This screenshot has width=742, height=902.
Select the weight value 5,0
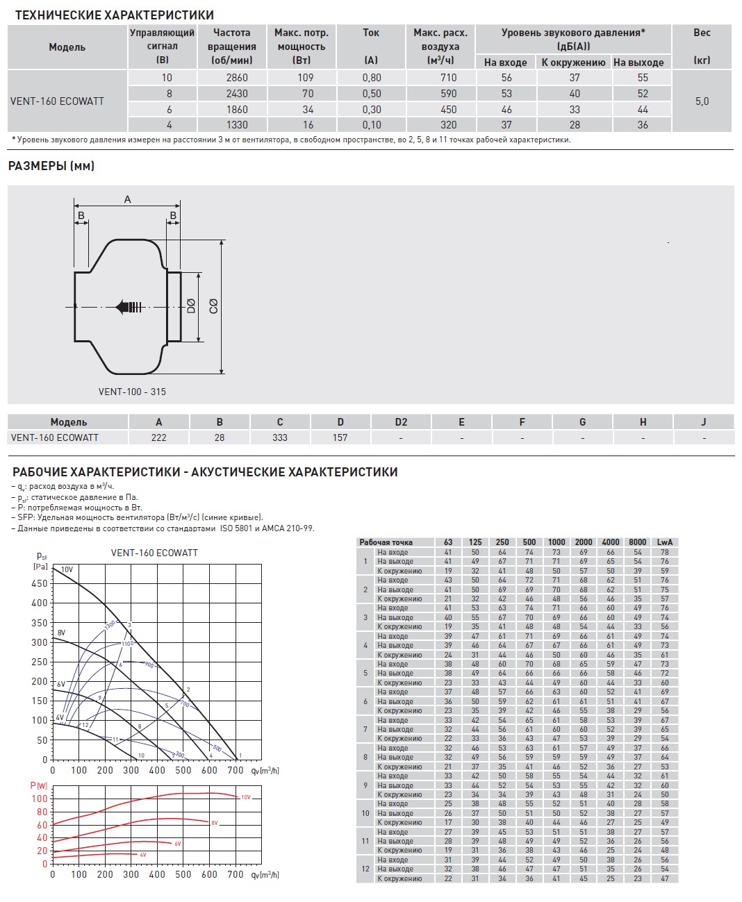(x=702, y=101)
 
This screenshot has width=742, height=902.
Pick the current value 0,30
(x=371, y=110)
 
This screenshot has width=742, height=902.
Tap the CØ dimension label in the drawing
(x=213, y=306)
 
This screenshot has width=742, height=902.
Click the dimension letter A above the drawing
(x=127, y=200)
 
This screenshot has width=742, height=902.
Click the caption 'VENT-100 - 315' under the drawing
(x=132, y=392)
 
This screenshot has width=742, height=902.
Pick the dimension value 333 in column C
(x=280, y=437)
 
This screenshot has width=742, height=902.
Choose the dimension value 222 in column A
(x=158, y=437)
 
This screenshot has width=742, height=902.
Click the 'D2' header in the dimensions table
(x=401, y=422)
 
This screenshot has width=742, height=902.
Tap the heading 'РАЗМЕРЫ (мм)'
(x=51, y=166)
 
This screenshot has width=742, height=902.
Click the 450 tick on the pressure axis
(x=40, y=584)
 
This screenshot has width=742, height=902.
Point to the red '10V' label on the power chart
(x=245, y=797)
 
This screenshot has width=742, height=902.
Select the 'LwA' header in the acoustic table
(x=664, y=542)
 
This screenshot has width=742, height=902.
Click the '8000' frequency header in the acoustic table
(x=637, y=542)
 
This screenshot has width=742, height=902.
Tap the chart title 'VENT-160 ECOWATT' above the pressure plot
(x=154, y=553)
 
